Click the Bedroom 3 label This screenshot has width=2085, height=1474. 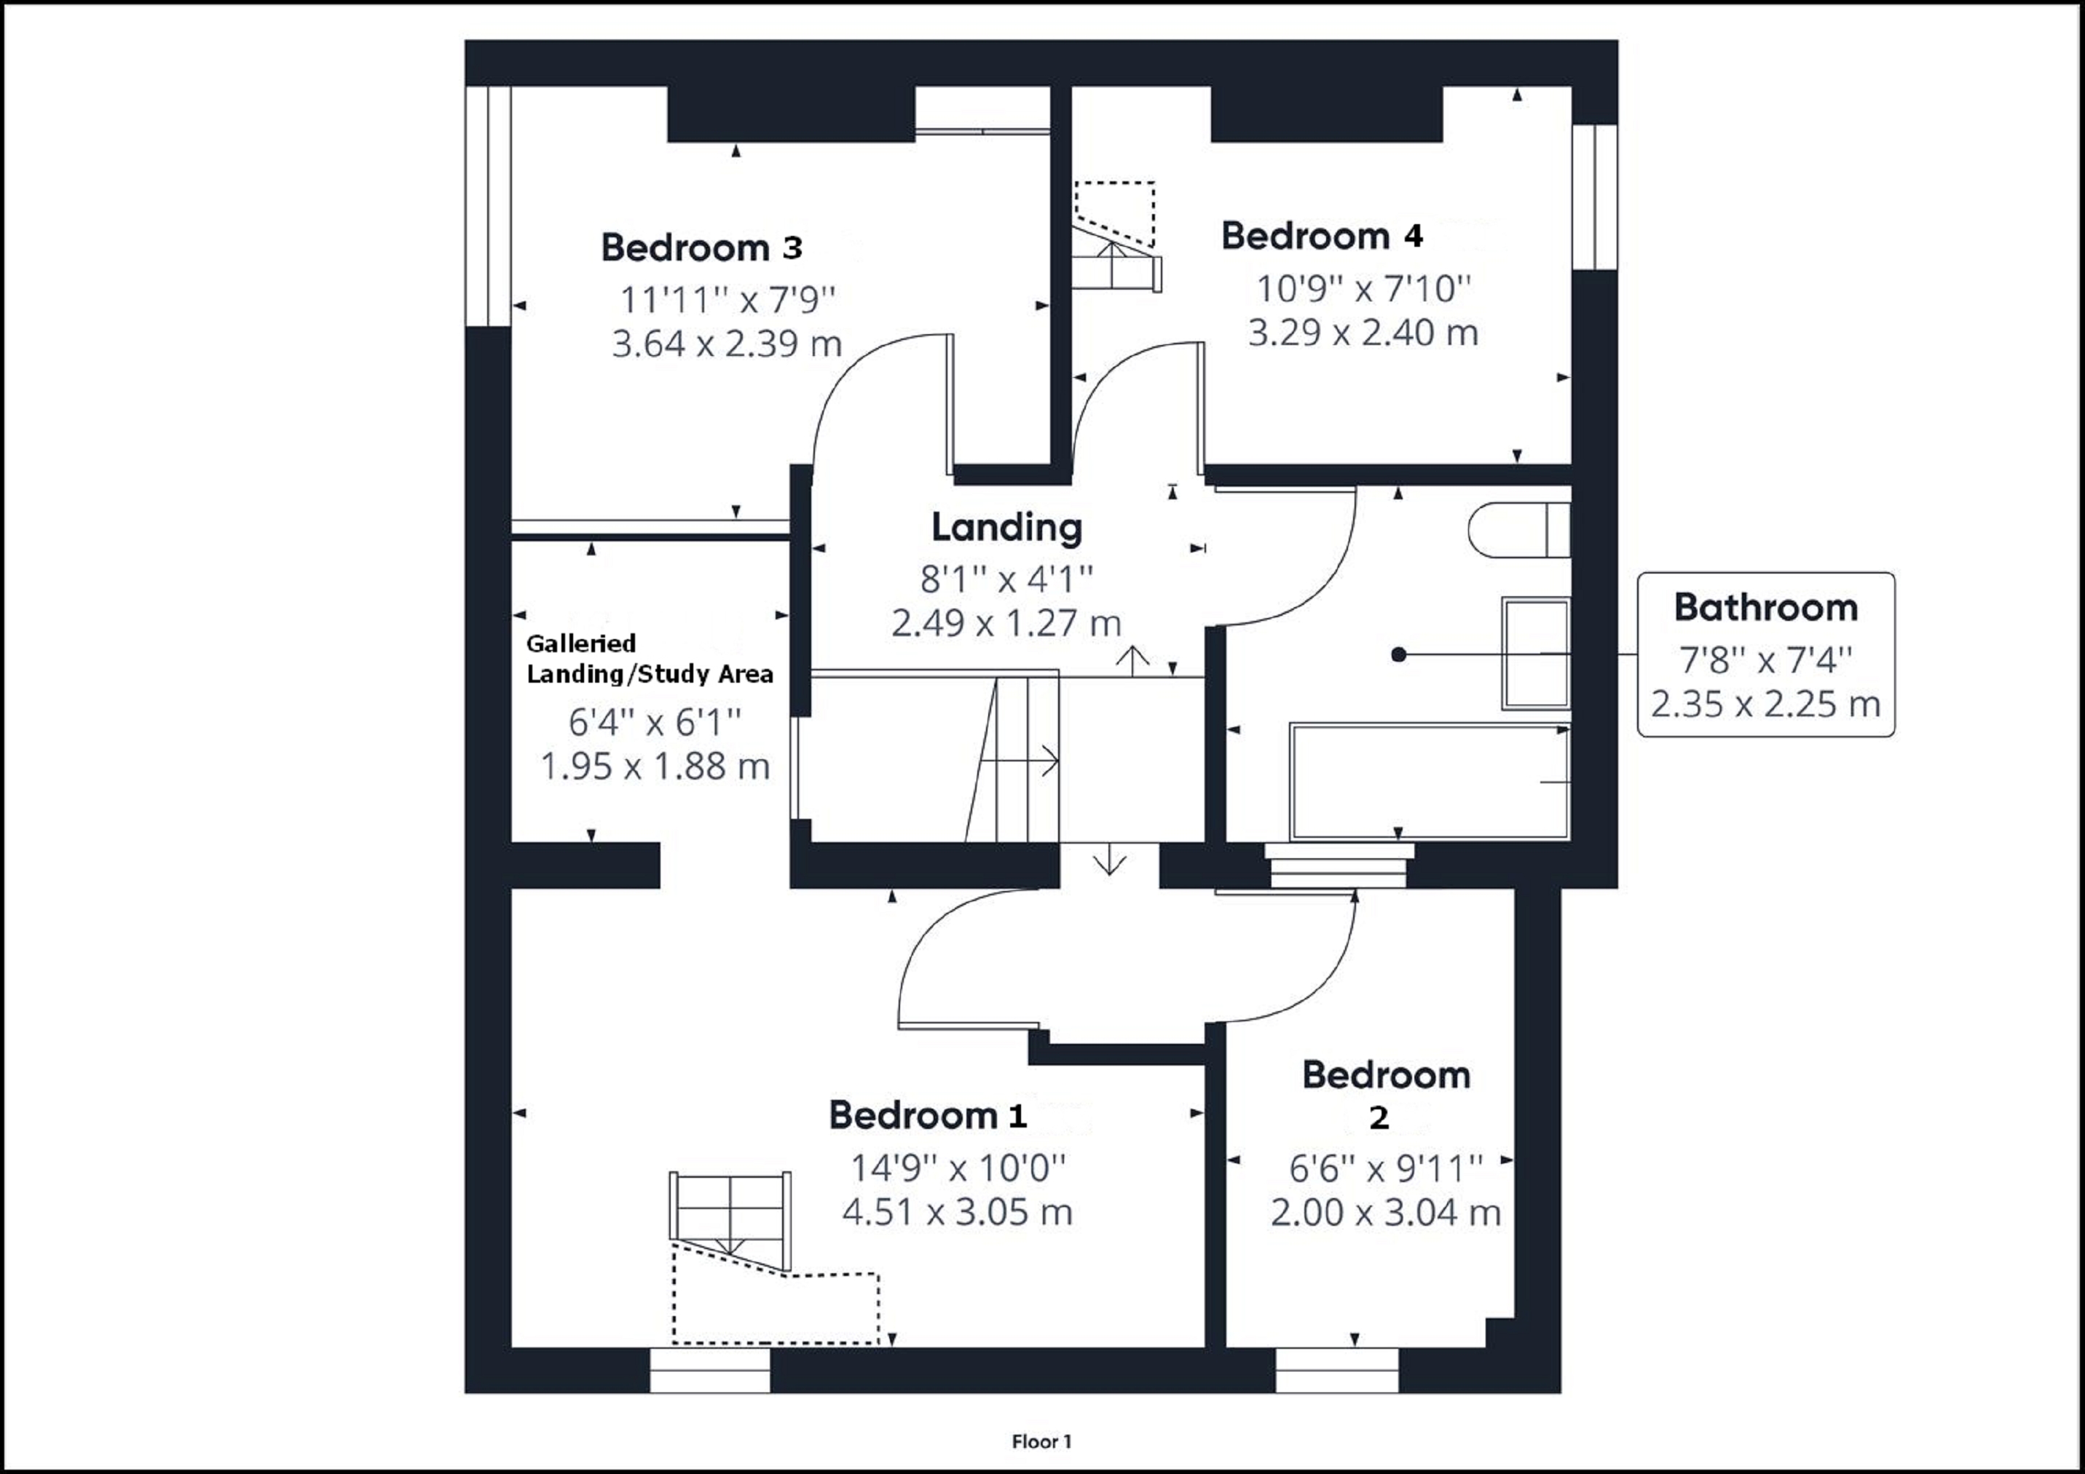[x=701, y=247]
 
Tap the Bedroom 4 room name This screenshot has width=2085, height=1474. [x=1321, y=236]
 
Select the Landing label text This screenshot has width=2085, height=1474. [x=1006, y=527]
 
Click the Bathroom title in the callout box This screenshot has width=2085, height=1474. [x=1765, y=607]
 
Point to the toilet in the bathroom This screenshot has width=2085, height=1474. [x=1518, y=531]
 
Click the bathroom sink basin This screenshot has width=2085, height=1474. [x=1534, y=654]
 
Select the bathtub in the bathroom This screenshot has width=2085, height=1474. [x=1430, y=780]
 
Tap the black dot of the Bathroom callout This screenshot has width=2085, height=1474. [x=1398, y=654]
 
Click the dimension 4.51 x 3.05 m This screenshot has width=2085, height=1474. [x=957, y=1213]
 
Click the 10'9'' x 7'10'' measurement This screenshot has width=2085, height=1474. [x=1362, y=290]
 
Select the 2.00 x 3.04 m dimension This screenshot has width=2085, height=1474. [x=1385, y=1213]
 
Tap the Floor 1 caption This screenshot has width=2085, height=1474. [x=1041, y=1441]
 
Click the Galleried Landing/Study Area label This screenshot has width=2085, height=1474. [x=650, y=659]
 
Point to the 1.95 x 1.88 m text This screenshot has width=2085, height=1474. [x=655, y=767]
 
